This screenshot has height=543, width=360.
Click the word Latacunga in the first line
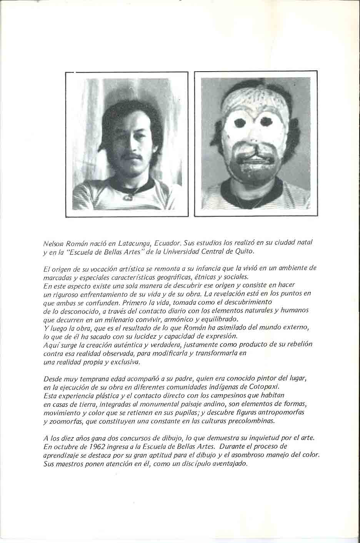coord(130,244)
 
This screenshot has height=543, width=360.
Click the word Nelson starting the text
coord(52,244)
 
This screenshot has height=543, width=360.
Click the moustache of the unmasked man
coord(131,156)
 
